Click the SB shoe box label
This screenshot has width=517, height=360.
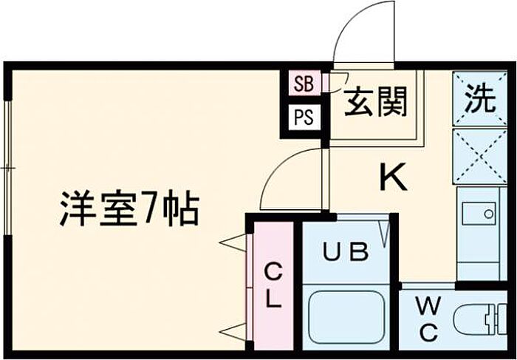tap(304, 84)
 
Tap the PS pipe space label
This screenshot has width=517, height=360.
tap(304, 118)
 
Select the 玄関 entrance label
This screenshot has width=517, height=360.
tap(375, 101)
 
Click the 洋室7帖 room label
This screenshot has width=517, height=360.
tap(129, 209)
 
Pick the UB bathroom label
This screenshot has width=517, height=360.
tap(345, 251)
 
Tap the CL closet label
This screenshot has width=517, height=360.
tap(273, 286)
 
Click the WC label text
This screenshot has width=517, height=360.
tap(428, 319)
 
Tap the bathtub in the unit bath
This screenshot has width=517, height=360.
tap(346, 317)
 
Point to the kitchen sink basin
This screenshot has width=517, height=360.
tap(479, 214)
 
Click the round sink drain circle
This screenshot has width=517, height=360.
tap(488, 214)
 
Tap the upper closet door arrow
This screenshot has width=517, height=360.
tap(233, 243)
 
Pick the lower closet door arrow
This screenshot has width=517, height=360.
tap(233, 332)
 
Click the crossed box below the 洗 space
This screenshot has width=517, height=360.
tap(480, 157)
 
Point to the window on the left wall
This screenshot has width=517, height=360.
tap(8, 168)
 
